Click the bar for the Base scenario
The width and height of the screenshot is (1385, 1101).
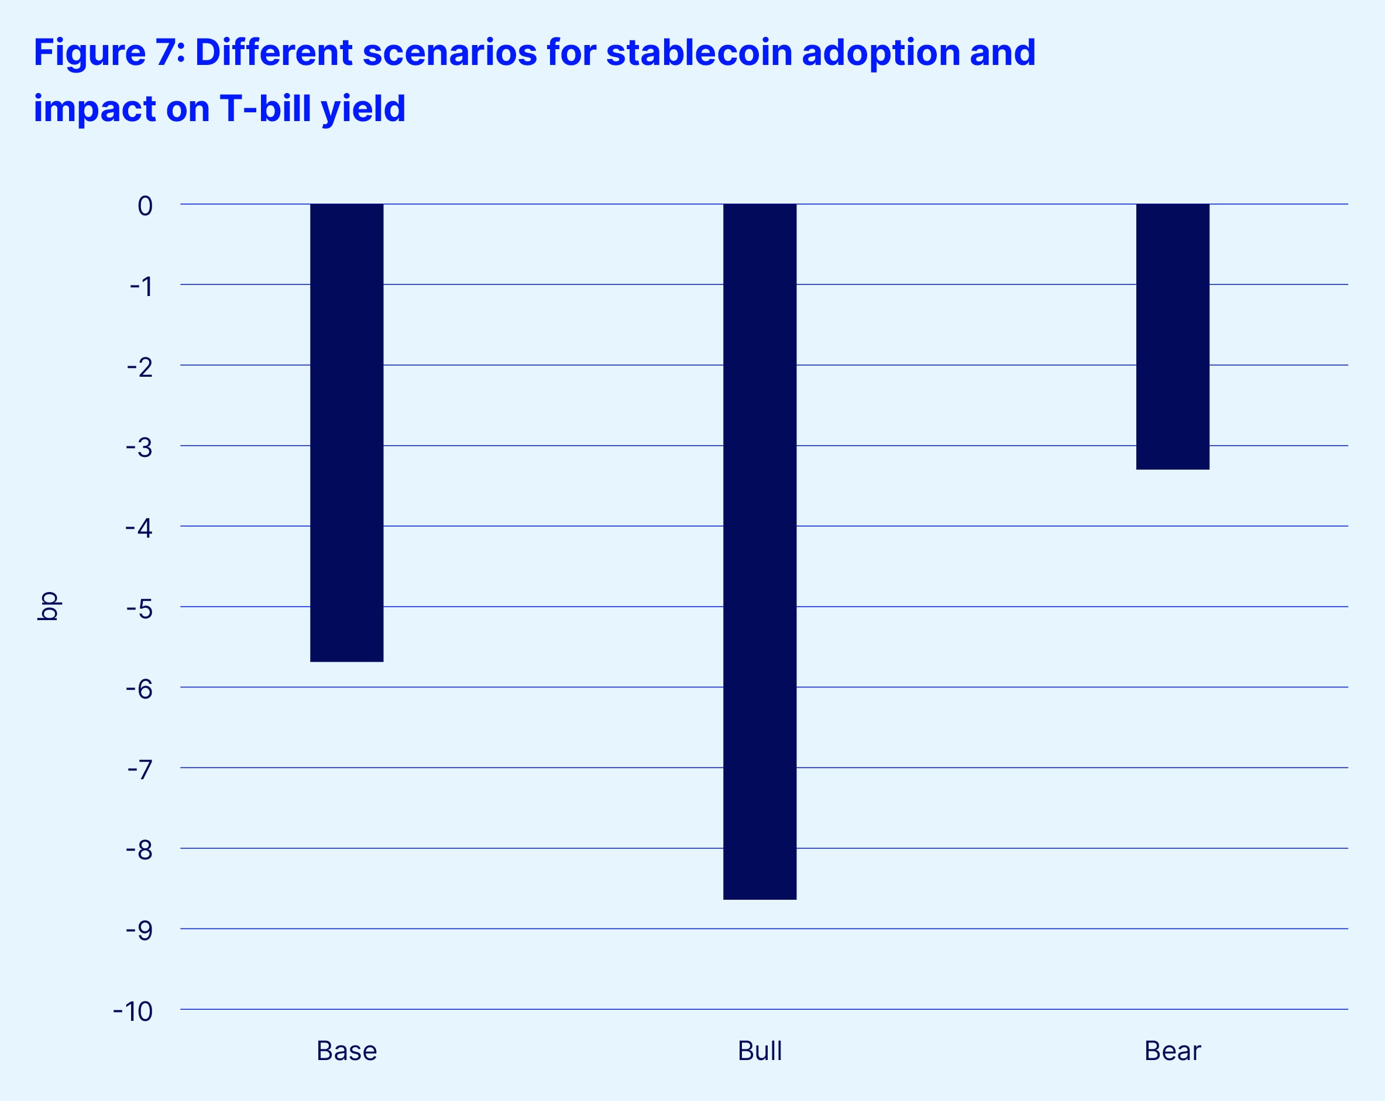point(346,432)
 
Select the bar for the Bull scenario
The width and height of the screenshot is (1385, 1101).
point(759,551)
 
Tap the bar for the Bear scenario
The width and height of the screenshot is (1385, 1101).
point(1173,336)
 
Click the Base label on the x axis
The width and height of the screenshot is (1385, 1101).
point(346,1051)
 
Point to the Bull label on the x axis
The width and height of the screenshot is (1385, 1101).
point(759,1051)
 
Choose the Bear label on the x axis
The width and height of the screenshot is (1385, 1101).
point(1173,1051)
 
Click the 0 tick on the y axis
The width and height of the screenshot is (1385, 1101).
point(145,205)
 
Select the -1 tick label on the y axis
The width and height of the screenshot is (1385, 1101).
point(142,286)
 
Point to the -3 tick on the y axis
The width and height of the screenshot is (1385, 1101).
point(139,447)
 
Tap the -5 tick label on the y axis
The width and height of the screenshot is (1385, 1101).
point(139,608)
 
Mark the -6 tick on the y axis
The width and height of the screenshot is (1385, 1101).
point(139,689)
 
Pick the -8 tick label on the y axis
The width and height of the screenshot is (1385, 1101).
point(139,850)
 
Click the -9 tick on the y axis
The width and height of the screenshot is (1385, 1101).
point(139,930)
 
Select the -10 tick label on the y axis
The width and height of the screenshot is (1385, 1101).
point(133,1011)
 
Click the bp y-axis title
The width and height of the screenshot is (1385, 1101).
point(49,605)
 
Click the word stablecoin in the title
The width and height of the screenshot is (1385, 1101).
point(699,53)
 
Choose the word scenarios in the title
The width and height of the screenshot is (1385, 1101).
point(450,53)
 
